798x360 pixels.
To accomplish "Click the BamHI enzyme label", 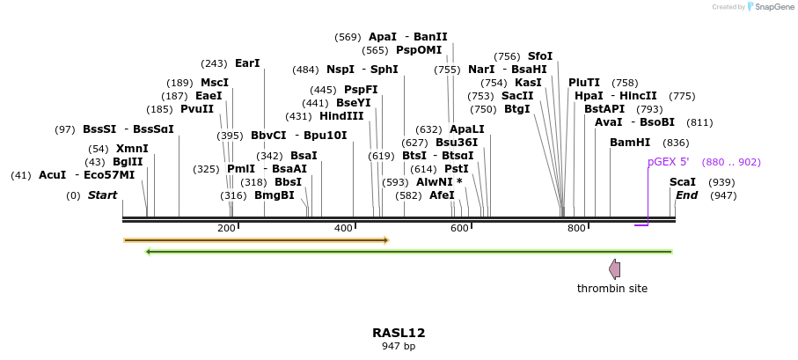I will [x=630, y=143].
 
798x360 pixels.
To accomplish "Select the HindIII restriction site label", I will [x=341, y=116].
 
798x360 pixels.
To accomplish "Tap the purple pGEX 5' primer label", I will [x=669, y=162].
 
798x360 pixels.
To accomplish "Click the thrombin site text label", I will [x=612, y=289].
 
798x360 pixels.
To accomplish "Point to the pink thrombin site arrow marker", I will [x=614, y=269].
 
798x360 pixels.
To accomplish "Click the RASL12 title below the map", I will [x=399, y=333].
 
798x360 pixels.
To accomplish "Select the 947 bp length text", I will [x=399, y=347].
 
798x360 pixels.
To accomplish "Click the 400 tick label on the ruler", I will [x=343, y=229].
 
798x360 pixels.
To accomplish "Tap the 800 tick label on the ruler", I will [x=576, y=229].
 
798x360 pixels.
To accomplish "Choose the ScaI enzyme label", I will [x=683, y=181].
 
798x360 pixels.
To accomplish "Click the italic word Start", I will [x=102, y=195].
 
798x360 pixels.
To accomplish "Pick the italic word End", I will [x=686, y=195].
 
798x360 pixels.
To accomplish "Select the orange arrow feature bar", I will [x=255, y=239].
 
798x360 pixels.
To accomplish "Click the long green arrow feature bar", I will [x=409, y=252].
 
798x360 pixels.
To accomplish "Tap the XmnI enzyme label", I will [x=132, y=149].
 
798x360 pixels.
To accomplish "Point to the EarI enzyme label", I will [x=247, y=63].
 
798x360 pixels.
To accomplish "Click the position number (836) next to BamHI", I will [x=676, y=143].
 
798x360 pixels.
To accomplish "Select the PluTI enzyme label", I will [x=584, y=82].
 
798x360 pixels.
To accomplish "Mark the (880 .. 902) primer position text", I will [x=731, y=162].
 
